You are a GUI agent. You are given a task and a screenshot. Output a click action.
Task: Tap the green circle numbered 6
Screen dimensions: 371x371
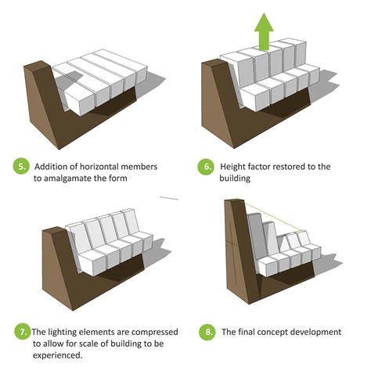pyautogui.click(x=207, y=167)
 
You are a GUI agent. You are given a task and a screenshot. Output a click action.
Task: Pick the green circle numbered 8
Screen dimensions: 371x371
pyautogui.click(x=206, y=333)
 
